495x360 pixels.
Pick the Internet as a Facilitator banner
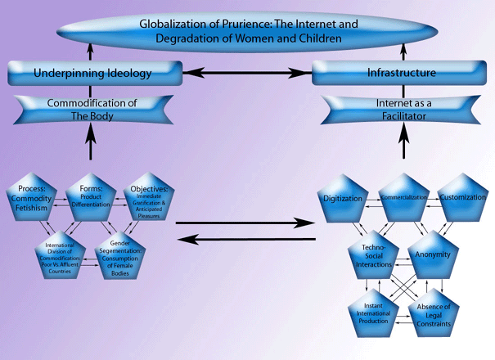click(398, 109)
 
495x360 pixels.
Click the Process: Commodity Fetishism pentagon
click(36, 200)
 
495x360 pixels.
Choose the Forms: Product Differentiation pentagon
click(92, 200)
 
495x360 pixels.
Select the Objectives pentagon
click(148, 200)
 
